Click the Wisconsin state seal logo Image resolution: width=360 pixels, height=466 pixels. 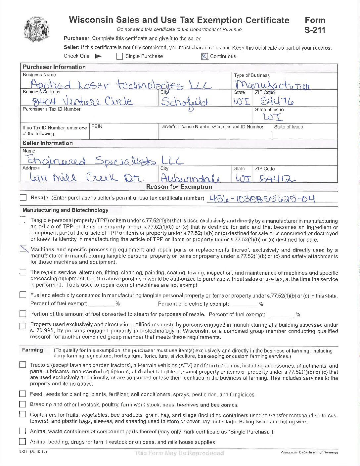coord(37,29)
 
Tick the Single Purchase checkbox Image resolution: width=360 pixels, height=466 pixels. coord(120,56)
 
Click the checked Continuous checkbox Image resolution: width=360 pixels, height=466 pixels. coord(205,56)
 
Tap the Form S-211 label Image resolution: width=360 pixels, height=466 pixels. coord(315,25)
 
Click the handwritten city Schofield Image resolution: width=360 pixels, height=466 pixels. coord(184,102)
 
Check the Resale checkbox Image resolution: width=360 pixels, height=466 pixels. coord(23,198)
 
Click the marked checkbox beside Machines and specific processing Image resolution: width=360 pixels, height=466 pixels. coord(23,249)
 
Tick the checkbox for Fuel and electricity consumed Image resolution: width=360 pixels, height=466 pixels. coord(23,295)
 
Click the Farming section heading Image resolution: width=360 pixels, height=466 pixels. coord(32,350)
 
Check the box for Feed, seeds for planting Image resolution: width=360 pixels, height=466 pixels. coord(22,394)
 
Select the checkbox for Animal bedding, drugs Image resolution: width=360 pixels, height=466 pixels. coord(22,442)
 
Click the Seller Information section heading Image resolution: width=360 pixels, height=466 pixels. coord(48,143)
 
